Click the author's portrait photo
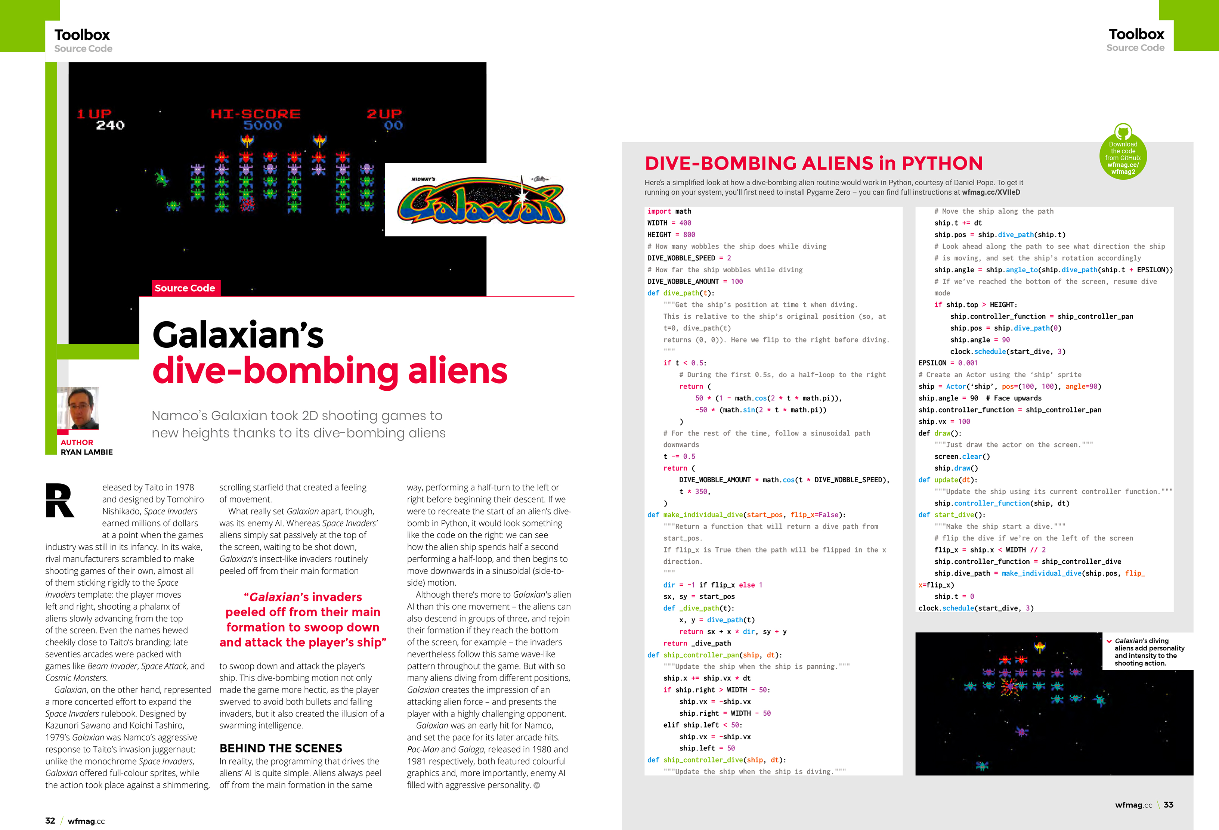(x=78, y=408)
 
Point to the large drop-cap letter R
(x=60, y=500)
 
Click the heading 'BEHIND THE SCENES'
(x=281, y=748)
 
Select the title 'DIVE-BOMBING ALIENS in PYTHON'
(x=814, y=163)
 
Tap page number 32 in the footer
(x=50, y=821)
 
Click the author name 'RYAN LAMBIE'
(x=87, y=452)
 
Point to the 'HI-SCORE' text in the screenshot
(x=256, y=114)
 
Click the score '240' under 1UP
(x=110, y=125)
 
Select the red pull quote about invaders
(x=303, y=619)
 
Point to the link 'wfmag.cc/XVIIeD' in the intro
(x=991, y=192)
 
